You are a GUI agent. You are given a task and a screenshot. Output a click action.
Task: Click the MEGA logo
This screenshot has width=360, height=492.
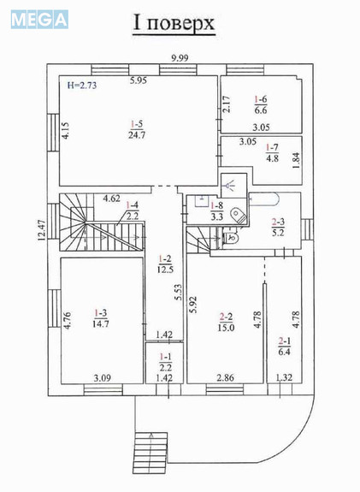(x=39, y=19)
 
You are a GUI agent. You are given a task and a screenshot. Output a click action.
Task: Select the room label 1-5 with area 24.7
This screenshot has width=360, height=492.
(x=136, y=128)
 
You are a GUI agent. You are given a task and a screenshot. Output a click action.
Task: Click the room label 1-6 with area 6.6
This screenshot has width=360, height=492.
(x=261, y=104)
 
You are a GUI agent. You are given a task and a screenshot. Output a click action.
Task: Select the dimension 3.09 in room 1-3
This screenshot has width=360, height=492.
(x=103, y=376)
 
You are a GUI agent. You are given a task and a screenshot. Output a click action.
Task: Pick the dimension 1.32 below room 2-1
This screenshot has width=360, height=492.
(x=285, y=376)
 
